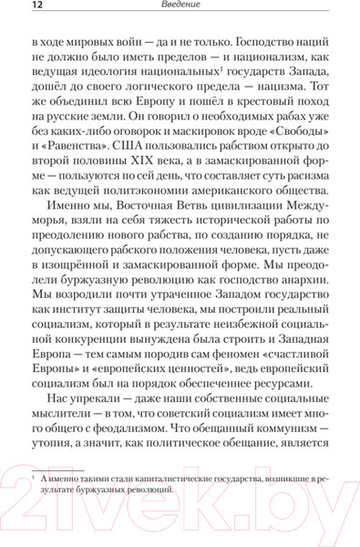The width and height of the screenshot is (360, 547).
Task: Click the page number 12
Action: [x=15, y=8]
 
